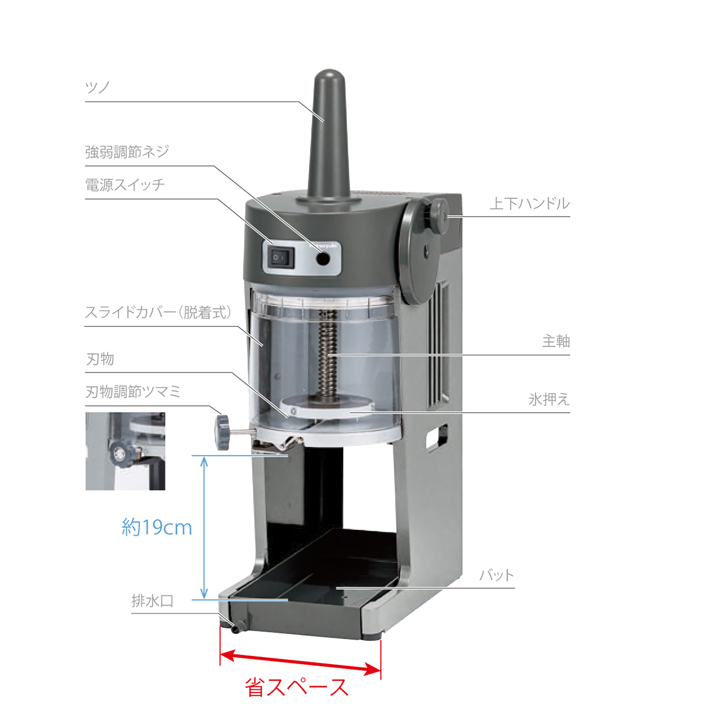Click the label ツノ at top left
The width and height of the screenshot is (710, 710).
[x=97, y=87]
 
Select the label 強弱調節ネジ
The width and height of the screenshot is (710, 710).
[x=127, y=152]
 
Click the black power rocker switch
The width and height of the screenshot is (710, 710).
[x=281, y=258]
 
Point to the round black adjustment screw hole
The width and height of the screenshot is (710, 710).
[x=323, y=259]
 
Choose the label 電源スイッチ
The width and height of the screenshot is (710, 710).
[x=125, y=185]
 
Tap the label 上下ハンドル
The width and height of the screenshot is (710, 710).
[x=530, y=203]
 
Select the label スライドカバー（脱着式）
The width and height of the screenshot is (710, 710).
[x=158, y=312]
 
